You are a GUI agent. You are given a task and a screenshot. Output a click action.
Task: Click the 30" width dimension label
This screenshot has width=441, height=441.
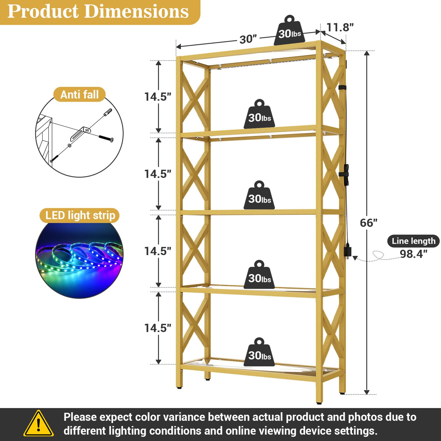(x=248, y=39)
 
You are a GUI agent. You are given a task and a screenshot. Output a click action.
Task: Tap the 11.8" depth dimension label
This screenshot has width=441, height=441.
(x=340, y=27)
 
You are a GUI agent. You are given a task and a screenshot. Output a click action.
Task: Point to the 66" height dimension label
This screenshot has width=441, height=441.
(x=368, y=223)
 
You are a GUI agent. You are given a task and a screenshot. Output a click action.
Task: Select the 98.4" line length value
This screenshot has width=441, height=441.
(x=413, y=254)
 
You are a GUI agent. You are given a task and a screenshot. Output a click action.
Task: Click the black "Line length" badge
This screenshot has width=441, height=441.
(x=413, y=241)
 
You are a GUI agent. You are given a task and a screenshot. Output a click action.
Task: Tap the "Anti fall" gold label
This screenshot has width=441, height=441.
(x=79, y=95)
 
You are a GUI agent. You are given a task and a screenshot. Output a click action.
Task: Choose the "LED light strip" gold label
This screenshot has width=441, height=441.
(x=80, y=215)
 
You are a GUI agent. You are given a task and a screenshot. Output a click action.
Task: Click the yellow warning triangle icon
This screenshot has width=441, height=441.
(x=39, y=424)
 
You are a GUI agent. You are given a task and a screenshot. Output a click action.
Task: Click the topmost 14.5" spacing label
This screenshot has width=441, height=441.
(x=158, y=97)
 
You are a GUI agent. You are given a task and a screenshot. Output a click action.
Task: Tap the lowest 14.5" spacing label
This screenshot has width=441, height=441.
(x=158, y=328)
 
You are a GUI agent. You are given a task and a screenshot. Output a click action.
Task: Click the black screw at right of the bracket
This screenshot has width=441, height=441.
(x=106, y=138)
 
